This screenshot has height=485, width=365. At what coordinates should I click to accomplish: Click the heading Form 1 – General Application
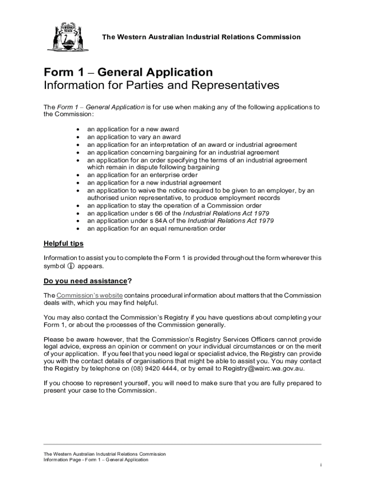128,72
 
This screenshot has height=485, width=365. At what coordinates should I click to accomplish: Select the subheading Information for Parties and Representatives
162,86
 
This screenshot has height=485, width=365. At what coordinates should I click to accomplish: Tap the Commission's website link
90,296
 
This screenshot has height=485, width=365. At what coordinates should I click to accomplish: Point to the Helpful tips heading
64,243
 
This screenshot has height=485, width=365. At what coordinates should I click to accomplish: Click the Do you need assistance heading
86,281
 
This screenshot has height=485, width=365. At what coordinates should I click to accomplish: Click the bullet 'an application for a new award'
133,129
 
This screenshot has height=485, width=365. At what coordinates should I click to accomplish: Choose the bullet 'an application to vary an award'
134,137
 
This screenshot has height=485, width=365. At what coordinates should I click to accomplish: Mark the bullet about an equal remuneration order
156,228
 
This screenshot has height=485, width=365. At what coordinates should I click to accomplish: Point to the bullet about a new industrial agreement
154,183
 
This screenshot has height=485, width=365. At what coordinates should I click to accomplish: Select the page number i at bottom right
321,466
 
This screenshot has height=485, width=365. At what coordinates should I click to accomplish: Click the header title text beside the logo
201,37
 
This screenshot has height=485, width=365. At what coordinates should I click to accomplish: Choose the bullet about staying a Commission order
174,206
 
